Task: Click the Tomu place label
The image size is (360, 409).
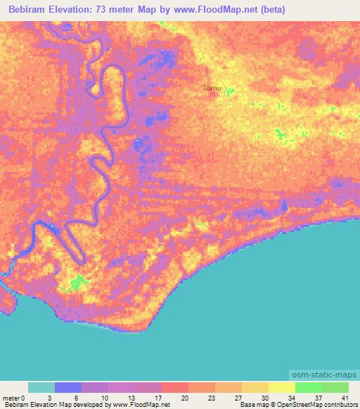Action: click(212, 88)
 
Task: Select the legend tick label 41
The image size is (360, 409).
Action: click(345, 398)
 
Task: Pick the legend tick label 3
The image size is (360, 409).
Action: click(55, 398)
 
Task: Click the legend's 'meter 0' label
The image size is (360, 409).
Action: click(13, 398)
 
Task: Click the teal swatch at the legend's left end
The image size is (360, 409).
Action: click(41, 387)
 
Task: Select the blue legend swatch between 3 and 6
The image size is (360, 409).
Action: click(68, 387)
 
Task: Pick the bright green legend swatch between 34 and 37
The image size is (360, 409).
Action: click(309, 387)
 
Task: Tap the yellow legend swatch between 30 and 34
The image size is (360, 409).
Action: click(282, 387)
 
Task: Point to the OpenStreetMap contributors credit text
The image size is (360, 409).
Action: click(310, 405)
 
